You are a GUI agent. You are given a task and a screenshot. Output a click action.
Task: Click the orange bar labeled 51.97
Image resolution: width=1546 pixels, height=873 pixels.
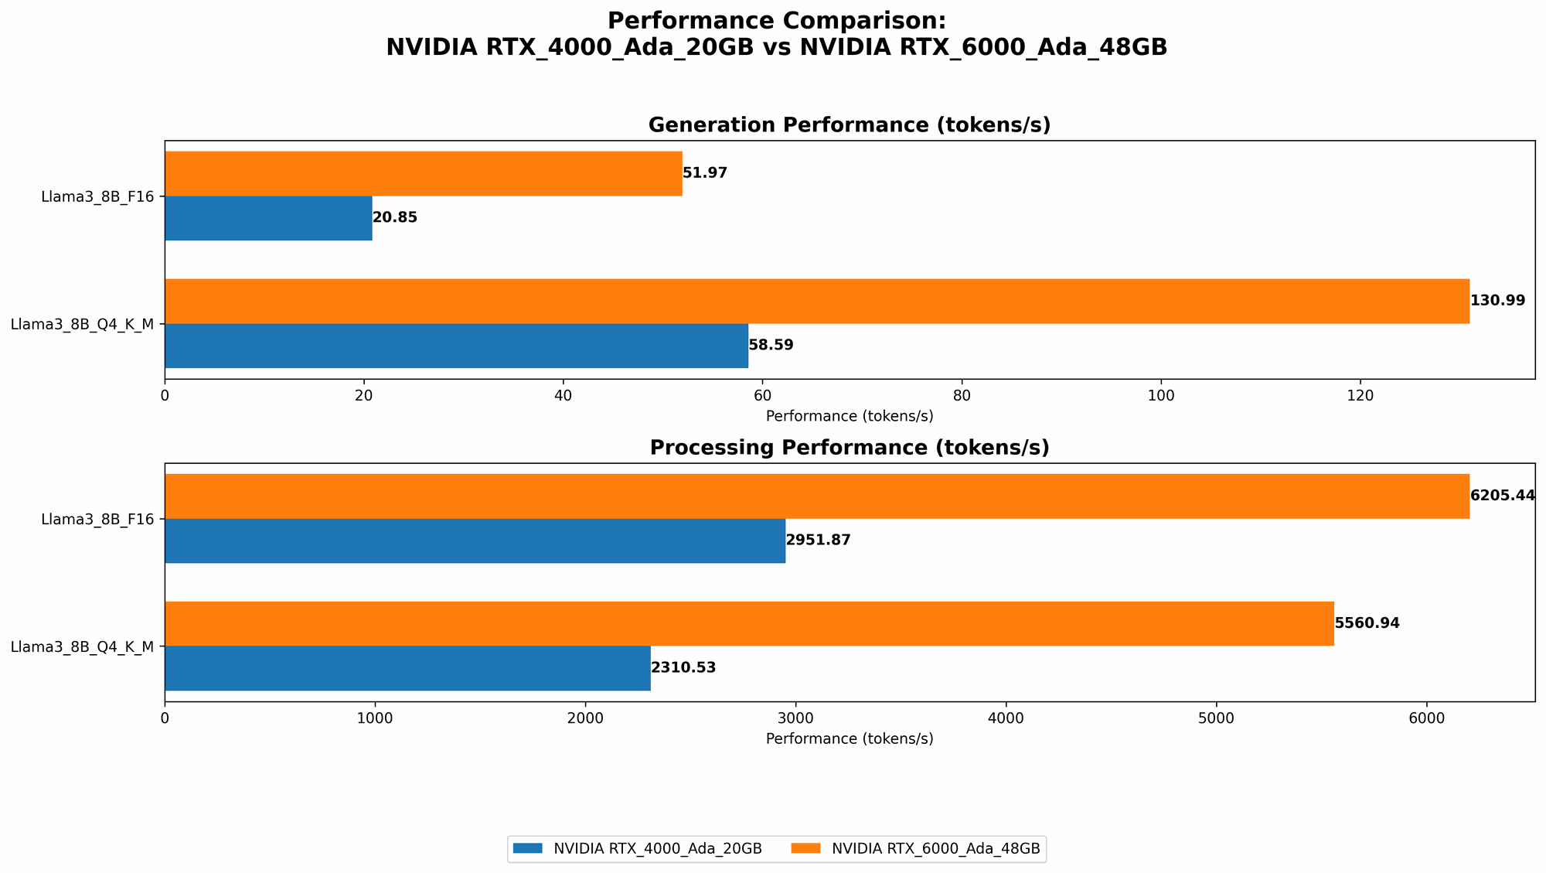click(423, 173)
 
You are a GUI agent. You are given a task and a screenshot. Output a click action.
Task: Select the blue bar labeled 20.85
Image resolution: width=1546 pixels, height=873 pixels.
click(268, 218)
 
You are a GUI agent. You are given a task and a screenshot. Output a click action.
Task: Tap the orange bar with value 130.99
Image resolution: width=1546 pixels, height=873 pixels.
click(816, 301)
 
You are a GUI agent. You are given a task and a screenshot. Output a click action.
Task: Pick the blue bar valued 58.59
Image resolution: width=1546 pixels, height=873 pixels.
click(456, 346)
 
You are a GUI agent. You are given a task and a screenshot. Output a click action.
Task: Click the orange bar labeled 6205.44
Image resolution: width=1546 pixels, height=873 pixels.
click(816, 496)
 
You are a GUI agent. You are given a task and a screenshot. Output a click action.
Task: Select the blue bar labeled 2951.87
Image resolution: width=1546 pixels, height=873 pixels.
click(475, 541)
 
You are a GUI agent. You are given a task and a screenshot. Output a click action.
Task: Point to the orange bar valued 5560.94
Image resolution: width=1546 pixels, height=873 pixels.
click(749, 623)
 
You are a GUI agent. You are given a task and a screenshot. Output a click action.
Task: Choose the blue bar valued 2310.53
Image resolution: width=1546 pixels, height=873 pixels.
click(407, 668)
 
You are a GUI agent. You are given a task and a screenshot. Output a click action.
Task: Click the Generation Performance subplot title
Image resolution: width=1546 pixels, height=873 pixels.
click(849, 125)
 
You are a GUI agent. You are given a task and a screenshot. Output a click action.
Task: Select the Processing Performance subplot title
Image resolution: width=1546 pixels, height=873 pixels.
click(849, 448)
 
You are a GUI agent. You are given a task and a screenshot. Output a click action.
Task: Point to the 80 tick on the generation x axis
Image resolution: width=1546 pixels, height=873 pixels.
click(962, 395)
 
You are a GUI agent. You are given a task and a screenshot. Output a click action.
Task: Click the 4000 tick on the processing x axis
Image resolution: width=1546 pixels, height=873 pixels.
click(1006, 718)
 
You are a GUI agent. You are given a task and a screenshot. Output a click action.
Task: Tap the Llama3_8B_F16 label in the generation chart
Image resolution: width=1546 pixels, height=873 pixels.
click(98, 196)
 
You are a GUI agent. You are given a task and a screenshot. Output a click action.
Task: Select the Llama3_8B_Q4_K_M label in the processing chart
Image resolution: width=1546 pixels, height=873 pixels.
click(83, 646)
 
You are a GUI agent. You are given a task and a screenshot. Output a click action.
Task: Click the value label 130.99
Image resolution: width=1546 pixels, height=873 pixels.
click(1497, 301)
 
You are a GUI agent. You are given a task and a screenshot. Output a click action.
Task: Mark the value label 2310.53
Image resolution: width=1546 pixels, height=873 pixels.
click(683, 668)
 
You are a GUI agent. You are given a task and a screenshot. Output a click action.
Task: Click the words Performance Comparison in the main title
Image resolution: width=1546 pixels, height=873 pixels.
click(776, 21)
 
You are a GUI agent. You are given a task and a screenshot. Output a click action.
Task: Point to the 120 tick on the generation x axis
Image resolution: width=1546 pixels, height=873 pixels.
click(1360, 395)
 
